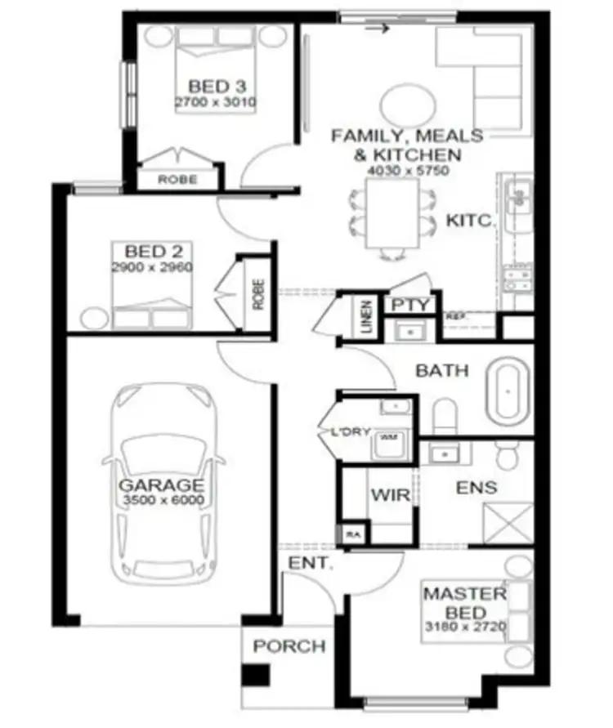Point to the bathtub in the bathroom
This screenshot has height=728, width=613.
(x=509, y=393)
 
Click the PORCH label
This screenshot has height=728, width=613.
(x=289, y=646)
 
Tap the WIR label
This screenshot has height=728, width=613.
(x=384, y=495)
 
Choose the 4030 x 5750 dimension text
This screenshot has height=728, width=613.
(x=406, y=171)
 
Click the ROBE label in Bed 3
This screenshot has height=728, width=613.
(x=177, y=179)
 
